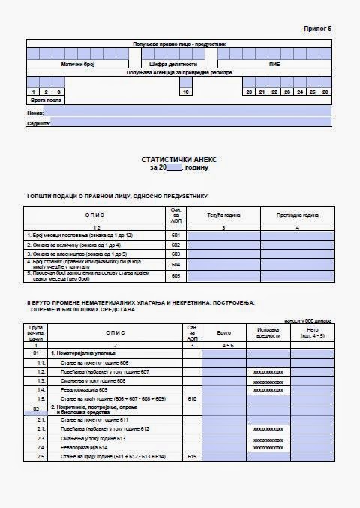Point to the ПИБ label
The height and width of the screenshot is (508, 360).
click(x=275, y=65)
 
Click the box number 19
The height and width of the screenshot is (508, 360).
click(x=185, y=92)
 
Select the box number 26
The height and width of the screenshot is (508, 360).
click(x=325, y=92)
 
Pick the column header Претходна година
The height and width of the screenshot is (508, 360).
click(x=298, y=215)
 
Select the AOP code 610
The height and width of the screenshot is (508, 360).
click(x=192, y=398)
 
